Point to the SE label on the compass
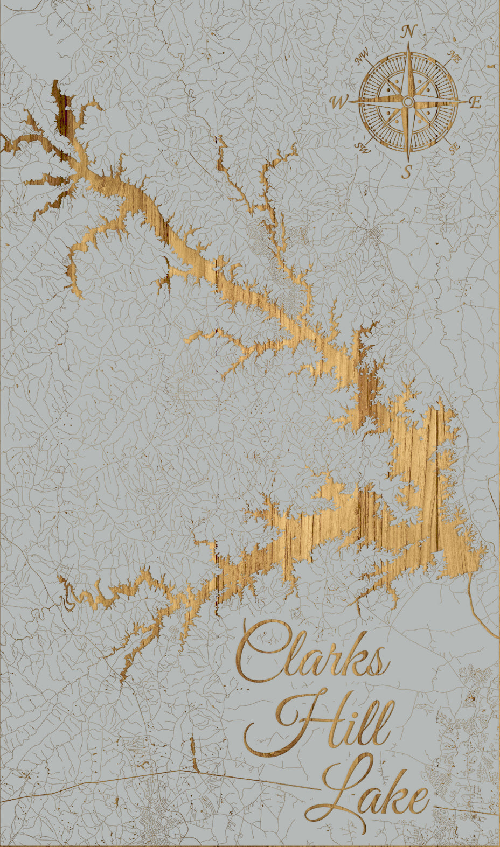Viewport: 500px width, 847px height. coord(454,147)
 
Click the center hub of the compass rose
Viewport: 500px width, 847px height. coord(408,102)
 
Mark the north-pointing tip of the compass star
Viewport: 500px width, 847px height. coord(408,43)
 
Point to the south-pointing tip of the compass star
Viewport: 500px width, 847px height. coord(408,161)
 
